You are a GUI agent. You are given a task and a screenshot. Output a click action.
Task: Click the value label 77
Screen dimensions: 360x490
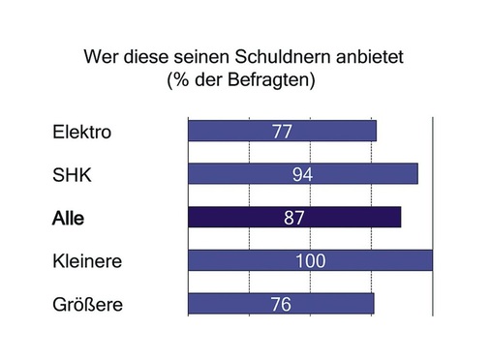pos(283,131)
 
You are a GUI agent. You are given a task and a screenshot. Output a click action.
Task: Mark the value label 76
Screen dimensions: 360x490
pos(282,304)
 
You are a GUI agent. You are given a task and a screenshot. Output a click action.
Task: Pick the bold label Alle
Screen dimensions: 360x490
pos(68,219)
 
